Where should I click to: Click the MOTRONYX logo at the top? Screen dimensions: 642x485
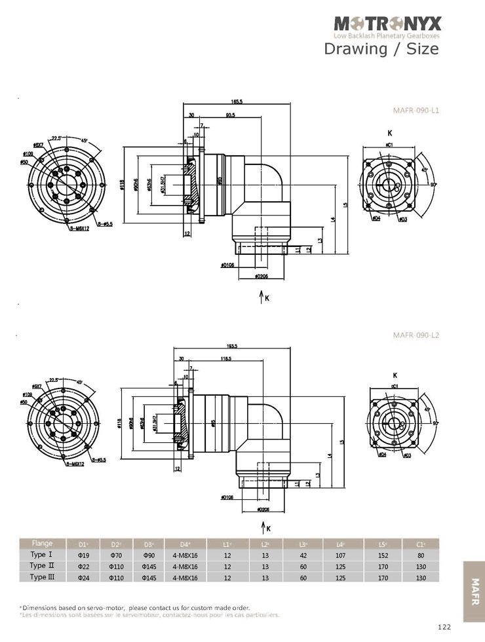[387, 24]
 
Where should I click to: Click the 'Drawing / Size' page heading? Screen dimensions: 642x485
[381, 48]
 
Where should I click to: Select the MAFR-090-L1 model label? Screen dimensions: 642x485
[416, 111]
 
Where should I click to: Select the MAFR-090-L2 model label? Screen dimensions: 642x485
[416, 335]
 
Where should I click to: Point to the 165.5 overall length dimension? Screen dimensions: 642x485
[237, 102]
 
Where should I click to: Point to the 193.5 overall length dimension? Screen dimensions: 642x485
[231, 346]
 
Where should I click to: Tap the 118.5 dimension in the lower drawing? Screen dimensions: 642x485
[227, 359]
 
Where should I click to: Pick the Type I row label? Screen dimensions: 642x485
[41, 555]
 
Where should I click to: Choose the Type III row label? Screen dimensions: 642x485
[41, 577]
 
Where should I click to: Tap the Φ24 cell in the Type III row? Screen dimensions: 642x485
[83, 578]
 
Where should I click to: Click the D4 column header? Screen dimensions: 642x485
[181, 544]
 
